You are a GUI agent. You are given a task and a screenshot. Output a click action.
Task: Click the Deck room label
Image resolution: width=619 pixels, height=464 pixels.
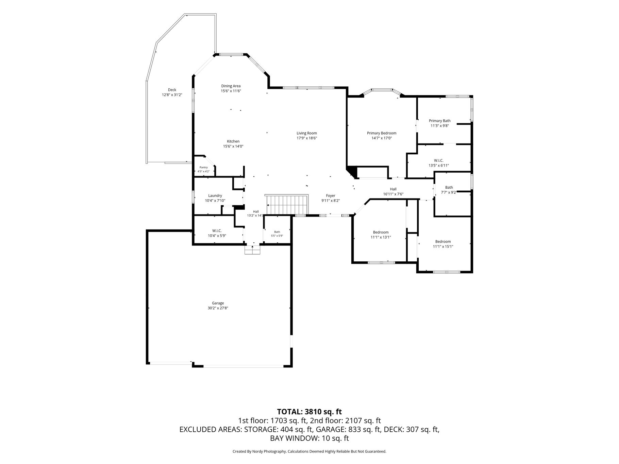click(x=172, y=90)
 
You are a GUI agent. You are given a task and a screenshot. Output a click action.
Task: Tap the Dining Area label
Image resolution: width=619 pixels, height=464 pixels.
click(x=231, y=86)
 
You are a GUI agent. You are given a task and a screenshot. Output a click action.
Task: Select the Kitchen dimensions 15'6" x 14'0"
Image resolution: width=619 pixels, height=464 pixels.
click(x=233, y=147)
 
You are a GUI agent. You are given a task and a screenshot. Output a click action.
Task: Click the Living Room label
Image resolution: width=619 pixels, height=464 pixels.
click(x=307, y=133)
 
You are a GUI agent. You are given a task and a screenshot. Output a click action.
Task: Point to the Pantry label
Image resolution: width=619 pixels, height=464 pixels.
click(x=204, y=167)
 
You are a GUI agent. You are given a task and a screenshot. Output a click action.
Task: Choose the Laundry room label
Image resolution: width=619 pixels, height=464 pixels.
click(x=215, y=196)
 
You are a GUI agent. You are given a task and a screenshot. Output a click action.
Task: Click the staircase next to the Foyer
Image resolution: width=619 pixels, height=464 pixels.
click(x=287, y=205)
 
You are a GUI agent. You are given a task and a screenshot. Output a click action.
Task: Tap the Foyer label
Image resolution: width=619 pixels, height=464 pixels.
click(x=331, y=196)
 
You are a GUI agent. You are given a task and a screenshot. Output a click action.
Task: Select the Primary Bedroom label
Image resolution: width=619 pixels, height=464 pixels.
click(x=382, y=133)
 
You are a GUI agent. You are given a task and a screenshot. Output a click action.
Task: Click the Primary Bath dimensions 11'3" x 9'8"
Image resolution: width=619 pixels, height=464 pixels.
click(x=440, y=126)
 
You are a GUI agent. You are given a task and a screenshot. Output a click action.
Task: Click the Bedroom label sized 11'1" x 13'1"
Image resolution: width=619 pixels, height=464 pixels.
click(x=381, y=233)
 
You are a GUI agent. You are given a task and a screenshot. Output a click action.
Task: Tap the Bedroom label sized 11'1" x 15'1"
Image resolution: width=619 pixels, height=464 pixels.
click(x=443, y=242)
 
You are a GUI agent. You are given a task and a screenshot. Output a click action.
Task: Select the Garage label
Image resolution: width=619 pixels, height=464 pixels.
click(x=218, y=303)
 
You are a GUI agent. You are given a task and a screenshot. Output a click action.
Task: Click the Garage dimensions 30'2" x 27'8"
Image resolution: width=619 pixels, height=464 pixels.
click(x=218, y=308)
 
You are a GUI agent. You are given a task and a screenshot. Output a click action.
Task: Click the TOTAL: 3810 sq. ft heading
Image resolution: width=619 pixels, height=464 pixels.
click(x=309, y=412)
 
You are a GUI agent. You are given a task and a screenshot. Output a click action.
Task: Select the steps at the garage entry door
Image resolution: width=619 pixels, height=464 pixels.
click(x=253, y=250)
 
